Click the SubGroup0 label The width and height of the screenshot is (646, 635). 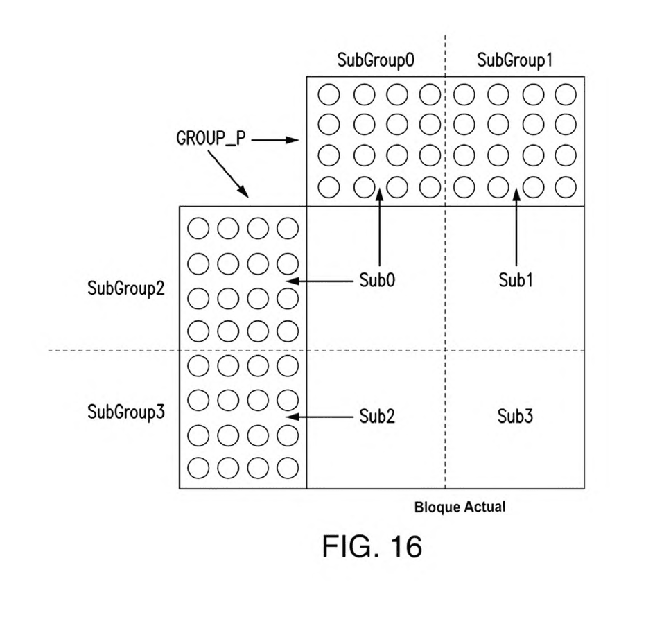pyautogui.click(x=375, y=60)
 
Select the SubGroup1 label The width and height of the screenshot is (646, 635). pyautogui.click(x=514, y=60)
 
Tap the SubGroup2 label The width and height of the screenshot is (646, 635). pyautogui.click(x=126, y=288)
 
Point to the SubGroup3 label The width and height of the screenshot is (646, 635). pyautogui.click(x=126, y=412)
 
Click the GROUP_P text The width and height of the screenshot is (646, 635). pyautogui.click(x=211, y=139)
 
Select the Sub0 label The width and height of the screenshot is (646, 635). pyautogui.click(x=377, y=280)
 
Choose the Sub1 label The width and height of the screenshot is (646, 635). pyautogui.click(x=516, y=280)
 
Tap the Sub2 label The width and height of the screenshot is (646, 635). pyautogui.click(x=377, y=417)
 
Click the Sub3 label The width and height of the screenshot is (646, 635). pyautogui.click(x=515, y=417)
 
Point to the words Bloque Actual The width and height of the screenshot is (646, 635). pyautogui.click(x=460, y=507)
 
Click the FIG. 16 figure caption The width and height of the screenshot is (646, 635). pyautogui.click(x=372, y=546)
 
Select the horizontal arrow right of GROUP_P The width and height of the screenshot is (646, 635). pyautogui.click(x=275, y=140)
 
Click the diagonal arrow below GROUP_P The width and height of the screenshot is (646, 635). pyautogui.click(x=228, y=174)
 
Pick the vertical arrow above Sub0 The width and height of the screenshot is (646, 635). pyautogui.click(x=380, y=227)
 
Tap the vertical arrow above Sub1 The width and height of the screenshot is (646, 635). pyautogui.click(x=516, y=227)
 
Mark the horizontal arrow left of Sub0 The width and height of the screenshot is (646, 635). pyautogui.click(x=320, y=281)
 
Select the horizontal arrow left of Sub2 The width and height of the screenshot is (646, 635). pyautogui.click(x=320, y=417)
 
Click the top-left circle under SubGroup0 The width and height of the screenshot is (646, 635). pyautogui.click(x=329, y=94)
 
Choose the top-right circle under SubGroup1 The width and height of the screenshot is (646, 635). pyautogui.click(x=566, y=94)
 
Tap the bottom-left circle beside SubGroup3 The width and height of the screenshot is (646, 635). pyautogui.click(x=198, y=468)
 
